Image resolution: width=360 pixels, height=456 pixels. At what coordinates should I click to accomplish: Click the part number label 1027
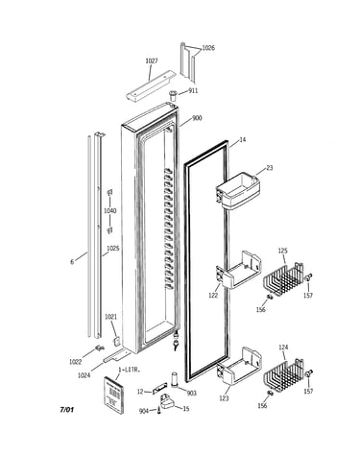(152, 60)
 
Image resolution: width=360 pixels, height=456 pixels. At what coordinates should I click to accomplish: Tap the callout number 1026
(208, 48)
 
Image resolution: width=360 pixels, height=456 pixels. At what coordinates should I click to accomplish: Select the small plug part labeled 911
(174, 95)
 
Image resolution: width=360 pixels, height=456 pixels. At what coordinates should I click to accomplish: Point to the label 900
(197, 118)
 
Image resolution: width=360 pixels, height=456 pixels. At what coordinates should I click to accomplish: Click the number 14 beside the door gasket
(243, 140)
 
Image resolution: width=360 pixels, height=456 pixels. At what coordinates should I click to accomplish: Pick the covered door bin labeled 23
(237, 192)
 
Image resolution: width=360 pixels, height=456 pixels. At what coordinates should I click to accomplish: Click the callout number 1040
(109, 210)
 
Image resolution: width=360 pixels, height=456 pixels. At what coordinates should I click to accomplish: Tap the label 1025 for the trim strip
(113, 249)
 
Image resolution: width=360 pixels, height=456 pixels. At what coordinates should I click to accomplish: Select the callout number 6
(72, 262)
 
